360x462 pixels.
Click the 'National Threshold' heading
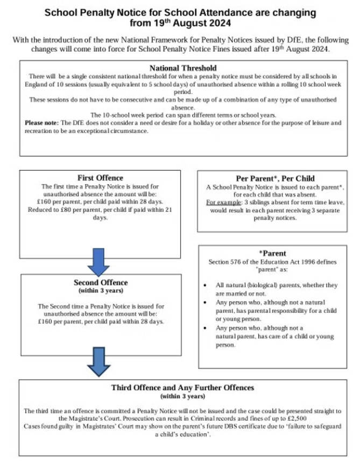182,68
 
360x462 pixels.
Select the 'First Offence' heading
100,178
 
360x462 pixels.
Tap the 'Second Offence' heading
101,282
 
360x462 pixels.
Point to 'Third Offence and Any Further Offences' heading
182,387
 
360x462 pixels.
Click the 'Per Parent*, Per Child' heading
276,178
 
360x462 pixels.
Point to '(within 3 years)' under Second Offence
101,291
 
